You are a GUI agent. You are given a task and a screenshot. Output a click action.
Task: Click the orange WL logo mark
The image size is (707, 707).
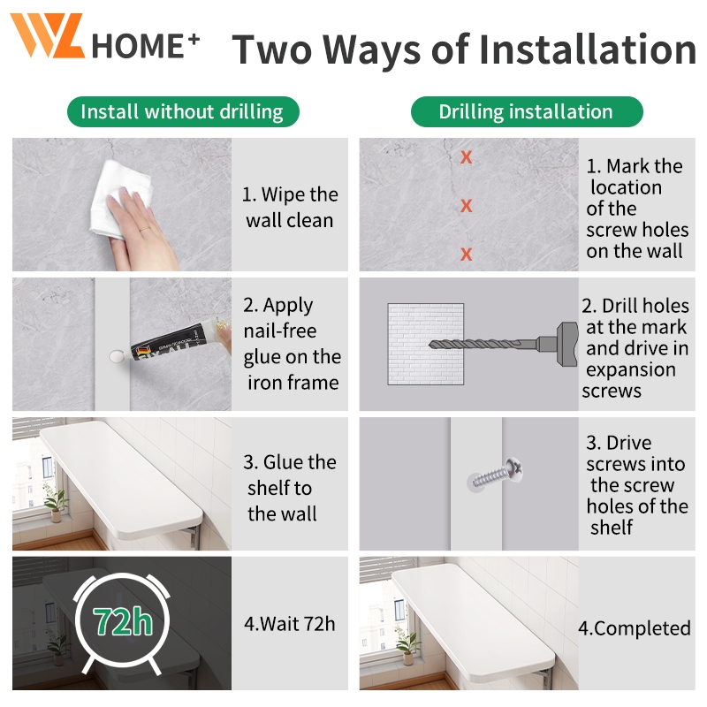pos(48,35)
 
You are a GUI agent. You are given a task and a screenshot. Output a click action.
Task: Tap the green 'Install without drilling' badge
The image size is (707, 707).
pos(183,112)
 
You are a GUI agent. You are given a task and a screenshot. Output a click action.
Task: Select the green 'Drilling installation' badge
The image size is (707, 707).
pos(527,112)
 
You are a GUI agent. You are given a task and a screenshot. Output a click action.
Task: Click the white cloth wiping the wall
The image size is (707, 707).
pos(121,198)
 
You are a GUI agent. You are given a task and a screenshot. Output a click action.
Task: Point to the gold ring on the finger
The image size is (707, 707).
pos(145,229)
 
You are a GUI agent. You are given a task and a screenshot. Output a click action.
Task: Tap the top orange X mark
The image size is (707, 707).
pos(467,157)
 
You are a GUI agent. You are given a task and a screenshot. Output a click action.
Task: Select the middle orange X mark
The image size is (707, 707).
pos(467,206)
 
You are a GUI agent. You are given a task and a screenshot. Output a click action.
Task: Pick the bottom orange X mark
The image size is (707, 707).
pos(467,254)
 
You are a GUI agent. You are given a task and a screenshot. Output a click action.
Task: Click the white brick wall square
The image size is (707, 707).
pos(426,344)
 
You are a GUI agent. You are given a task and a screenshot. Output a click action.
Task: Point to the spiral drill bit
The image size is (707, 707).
pos(483,345)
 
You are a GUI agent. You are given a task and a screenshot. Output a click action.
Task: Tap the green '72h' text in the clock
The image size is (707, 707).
pos(123,621)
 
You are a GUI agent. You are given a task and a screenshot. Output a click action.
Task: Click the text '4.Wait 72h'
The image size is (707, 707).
pos(290,624)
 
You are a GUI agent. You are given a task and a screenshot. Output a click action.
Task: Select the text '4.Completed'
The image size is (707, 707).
pos(635,628)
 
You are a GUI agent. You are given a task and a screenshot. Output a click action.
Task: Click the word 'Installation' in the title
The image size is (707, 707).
pos(587,49)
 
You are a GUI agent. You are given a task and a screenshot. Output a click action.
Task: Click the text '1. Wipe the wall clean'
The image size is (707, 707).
pos(290,208)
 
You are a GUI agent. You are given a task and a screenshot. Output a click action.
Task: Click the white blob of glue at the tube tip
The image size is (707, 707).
pos(118,357)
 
